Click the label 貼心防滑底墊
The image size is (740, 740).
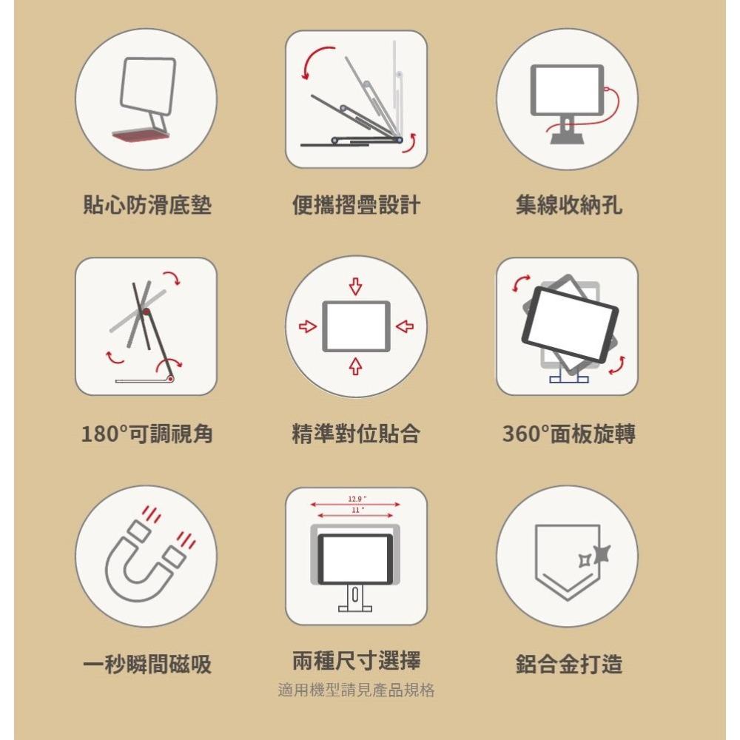pos(147,205)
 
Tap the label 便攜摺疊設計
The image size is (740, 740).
pos(356,205)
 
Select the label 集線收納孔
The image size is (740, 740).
pos(568,205)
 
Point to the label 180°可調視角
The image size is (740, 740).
pos(147,434)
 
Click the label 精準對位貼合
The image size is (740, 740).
pos(356,434)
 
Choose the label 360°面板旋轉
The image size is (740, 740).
pos(568,434)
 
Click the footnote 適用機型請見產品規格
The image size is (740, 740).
pos(356,690)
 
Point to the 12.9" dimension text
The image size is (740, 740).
pos(357,498)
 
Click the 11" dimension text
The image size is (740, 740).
pos(357,510)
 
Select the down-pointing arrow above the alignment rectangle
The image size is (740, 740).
pos(356,286)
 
